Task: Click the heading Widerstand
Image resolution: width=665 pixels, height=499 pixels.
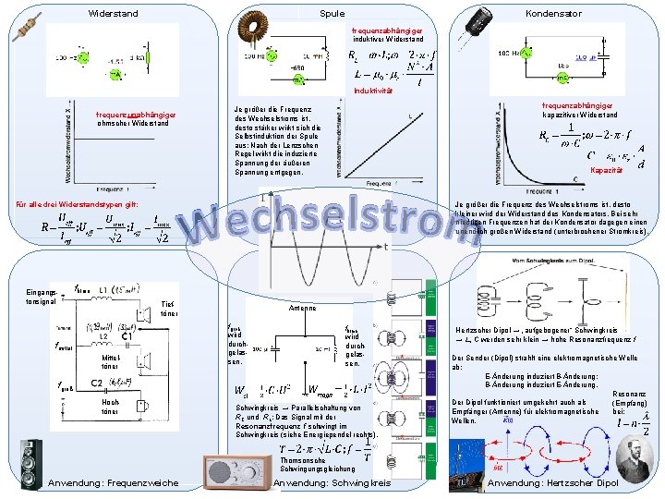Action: (113, 14)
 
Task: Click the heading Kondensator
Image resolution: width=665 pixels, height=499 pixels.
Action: (553, 14)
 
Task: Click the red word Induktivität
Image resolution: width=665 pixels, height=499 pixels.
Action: (373, 91)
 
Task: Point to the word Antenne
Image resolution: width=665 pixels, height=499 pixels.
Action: (304, 309)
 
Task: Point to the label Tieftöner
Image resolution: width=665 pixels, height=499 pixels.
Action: (169, 309)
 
